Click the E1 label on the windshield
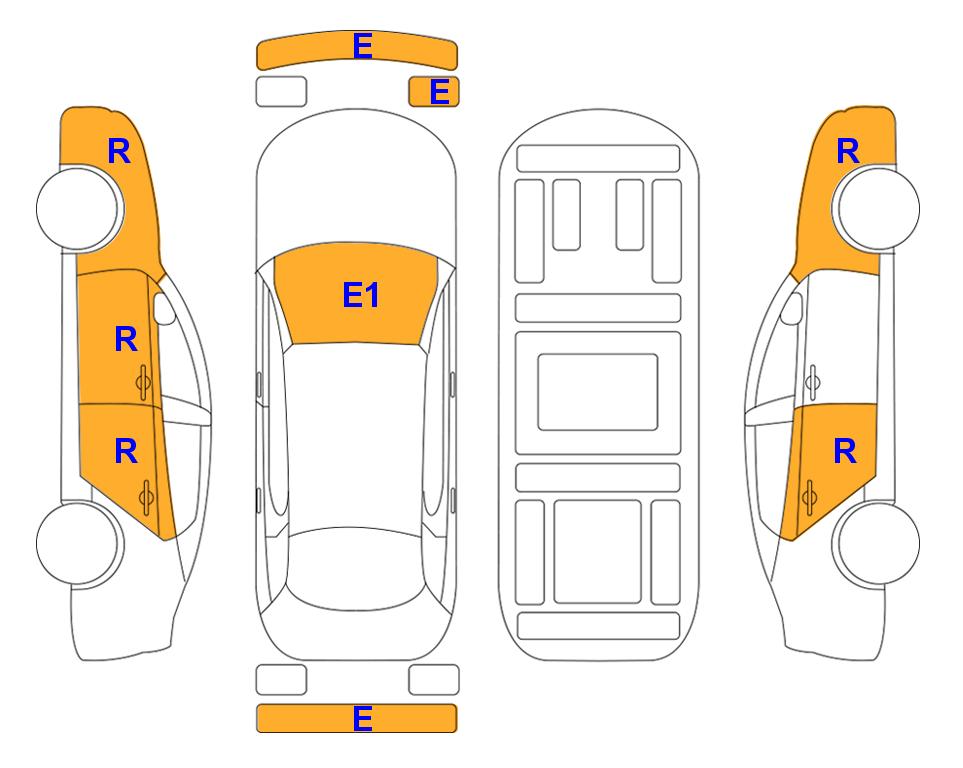pos(361,295)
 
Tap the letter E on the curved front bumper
pos(362,46)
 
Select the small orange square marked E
pos(434,92)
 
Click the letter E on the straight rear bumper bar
pos(362,718)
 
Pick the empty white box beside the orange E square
pos(281,92)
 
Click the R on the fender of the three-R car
pos(119,151)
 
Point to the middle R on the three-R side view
pos(126,339)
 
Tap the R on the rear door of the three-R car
pos(126,452)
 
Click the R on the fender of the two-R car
pos(848,151)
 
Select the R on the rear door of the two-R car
pos(845,452)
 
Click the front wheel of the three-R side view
pos(78,209)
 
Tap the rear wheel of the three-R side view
pos(78,543)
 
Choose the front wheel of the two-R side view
pos(878,209)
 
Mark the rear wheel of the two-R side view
pos(878,543)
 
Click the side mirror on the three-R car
pos(163,308)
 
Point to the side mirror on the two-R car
pos(792,308)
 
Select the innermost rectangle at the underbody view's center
pos(598,392)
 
